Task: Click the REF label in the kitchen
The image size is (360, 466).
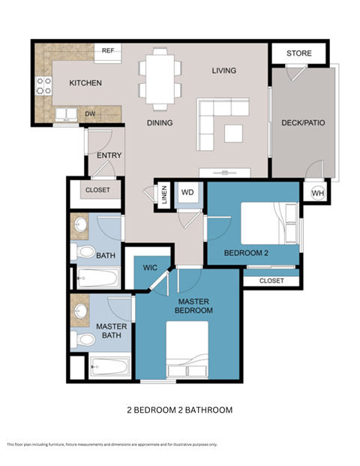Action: coord(108,50)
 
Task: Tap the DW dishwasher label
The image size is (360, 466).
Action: coord(90,114)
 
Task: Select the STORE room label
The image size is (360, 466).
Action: coord(299,53)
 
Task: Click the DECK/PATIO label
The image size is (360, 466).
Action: coord(303,122)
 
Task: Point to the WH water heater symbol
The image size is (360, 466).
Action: coord(317,192)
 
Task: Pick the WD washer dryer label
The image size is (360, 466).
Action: coord(188,193)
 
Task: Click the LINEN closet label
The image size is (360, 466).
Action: coord(164,194)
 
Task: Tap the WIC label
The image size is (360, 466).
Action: coord(149,267)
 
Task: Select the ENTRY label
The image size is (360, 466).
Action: coord(109,155)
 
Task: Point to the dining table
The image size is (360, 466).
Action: coord(160,77)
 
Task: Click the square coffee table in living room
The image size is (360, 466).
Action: coord(234,132)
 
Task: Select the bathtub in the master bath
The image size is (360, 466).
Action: coord(109,368)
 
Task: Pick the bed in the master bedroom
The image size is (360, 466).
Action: coord(187,350)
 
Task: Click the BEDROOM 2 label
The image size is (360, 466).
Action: coord(246,253)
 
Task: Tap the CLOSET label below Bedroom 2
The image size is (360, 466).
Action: coord(271,281)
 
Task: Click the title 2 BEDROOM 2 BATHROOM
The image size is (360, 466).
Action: coord(179,410)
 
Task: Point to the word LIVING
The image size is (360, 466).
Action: coord(223,71)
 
